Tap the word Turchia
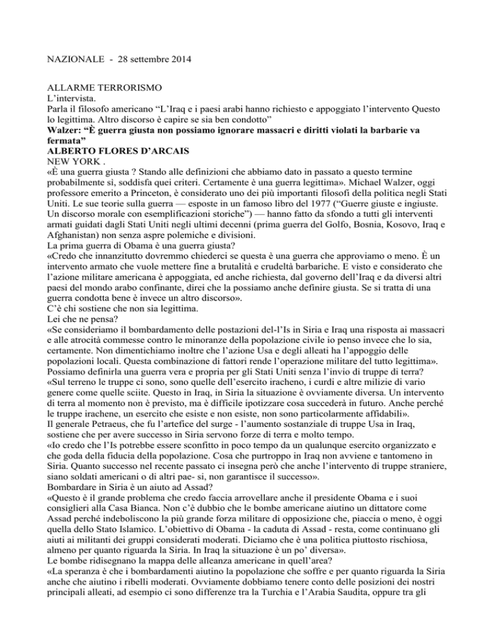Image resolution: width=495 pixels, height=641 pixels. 343,620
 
